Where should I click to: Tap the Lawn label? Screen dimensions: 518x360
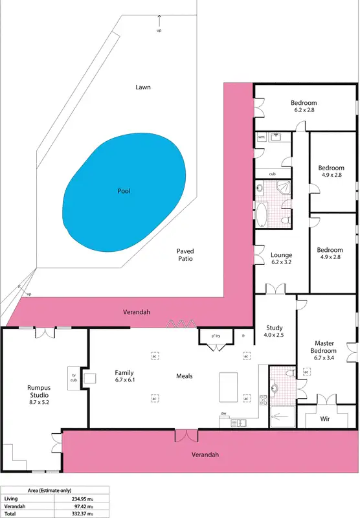click(143, 87)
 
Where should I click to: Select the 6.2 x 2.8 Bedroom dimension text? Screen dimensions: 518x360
click(304, 111)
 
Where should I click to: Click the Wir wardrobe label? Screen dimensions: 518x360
click(325, 419)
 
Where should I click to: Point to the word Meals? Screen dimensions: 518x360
click(184, 376)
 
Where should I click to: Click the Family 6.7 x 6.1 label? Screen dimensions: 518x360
click(124, 377)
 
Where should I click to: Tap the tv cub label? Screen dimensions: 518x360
click(73, 377)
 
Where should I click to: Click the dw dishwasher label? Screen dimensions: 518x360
click(223, 412)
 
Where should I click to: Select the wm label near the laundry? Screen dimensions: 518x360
click(262, 137)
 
